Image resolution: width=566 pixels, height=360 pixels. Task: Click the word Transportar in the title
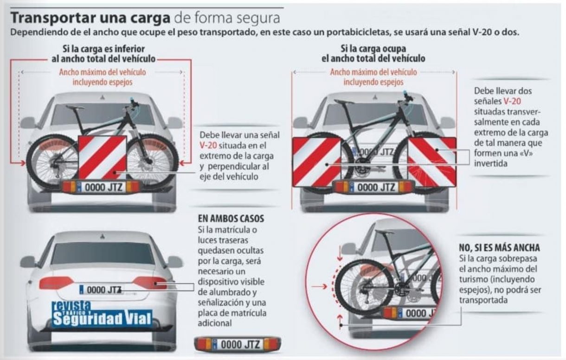coord(53,18)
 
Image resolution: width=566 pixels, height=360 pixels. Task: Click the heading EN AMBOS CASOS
coord(231,219)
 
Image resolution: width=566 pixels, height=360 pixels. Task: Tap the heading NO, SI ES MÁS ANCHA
coord(499,248)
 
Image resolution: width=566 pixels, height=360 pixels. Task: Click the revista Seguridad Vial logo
coord(102,314)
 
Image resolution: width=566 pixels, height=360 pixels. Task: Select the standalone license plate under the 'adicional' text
coord(238,344)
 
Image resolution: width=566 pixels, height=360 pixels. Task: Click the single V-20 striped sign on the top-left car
coord(103,158)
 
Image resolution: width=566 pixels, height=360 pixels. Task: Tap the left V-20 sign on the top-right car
coord(317,162)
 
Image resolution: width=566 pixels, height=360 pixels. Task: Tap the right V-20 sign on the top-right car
coord(432,162)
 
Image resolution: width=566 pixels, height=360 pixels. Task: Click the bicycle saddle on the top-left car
coord(75,107)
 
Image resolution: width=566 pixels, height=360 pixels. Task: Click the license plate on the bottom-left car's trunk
coord(101,290)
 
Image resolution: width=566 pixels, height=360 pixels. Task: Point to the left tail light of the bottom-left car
coord(56,283)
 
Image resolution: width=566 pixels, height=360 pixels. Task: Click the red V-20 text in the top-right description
coord(512,101)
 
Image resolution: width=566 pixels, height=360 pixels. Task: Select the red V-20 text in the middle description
coord(208,146)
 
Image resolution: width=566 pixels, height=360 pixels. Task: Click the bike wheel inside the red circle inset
coord(364,287)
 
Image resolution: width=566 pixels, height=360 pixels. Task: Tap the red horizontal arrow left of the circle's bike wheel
coord(319,287)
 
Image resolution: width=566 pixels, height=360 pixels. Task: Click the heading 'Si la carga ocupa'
coord(373,48)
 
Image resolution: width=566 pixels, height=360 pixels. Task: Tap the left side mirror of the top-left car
coord(28,122)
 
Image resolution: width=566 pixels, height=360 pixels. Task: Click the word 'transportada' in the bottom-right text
coord(483,300)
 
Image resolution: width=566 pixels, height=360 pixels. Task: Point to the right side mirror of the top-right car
coord(448,122)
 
